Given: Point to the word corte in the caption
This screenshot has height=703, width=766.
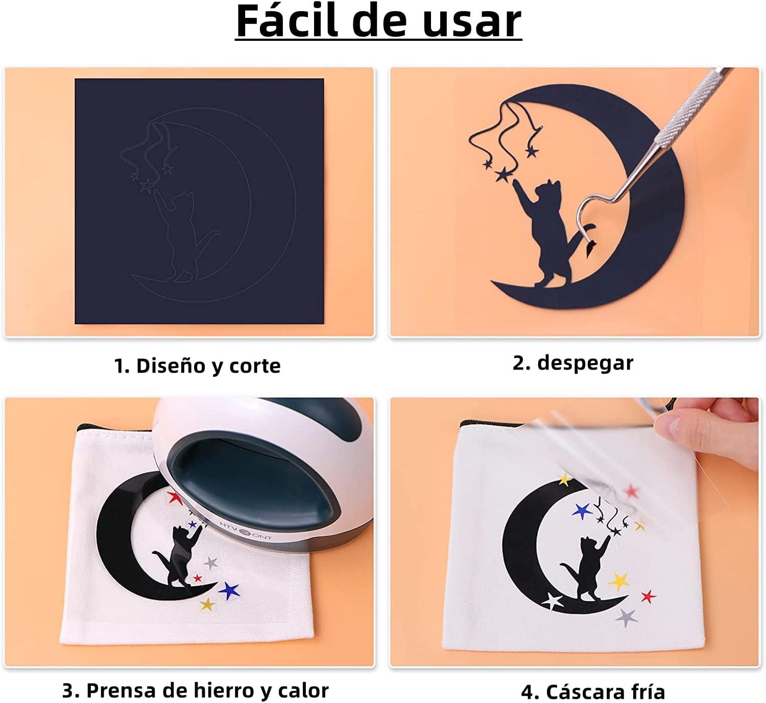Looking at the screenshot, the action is [x=255, y=366].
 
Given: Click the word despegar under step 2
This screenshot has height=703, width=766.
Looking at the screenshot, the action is [x=585, y=363].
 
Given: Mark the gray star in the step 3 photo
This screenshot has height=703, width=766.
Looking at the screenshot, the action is [x=210, y=563].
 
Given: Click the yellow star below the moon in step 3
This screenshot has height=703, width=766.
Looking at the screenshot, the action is [x=207, y=604].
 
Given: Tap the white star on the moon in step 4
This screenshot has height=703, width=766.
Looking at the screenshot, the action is [x=553, y=601].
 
